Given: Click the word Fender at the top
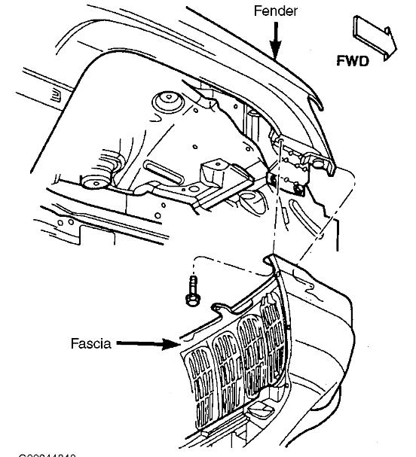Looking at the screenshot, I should [276, 12].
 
